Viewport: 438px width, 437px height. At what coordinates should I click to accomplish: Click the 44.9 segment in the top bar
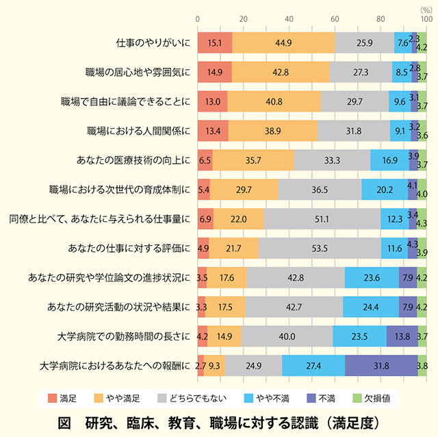point(283,42)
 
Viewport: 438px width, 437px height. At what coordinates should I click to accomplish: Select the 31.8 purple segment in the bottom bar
point(381,365)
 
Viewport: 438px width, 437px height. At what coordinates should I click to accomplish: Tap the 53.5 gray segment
point(320,248)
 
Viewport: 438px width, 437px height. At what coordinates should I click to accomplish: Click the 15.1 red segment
point(214,42)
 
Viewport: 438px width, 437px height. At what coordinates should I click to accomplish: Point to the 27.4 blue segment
point(313,365)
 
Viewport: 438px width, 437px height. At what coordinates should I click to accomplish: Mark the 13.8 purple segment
point(402,336)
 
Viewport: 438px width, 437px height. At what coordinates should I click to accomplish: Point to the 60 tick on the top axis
point(335,19)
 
